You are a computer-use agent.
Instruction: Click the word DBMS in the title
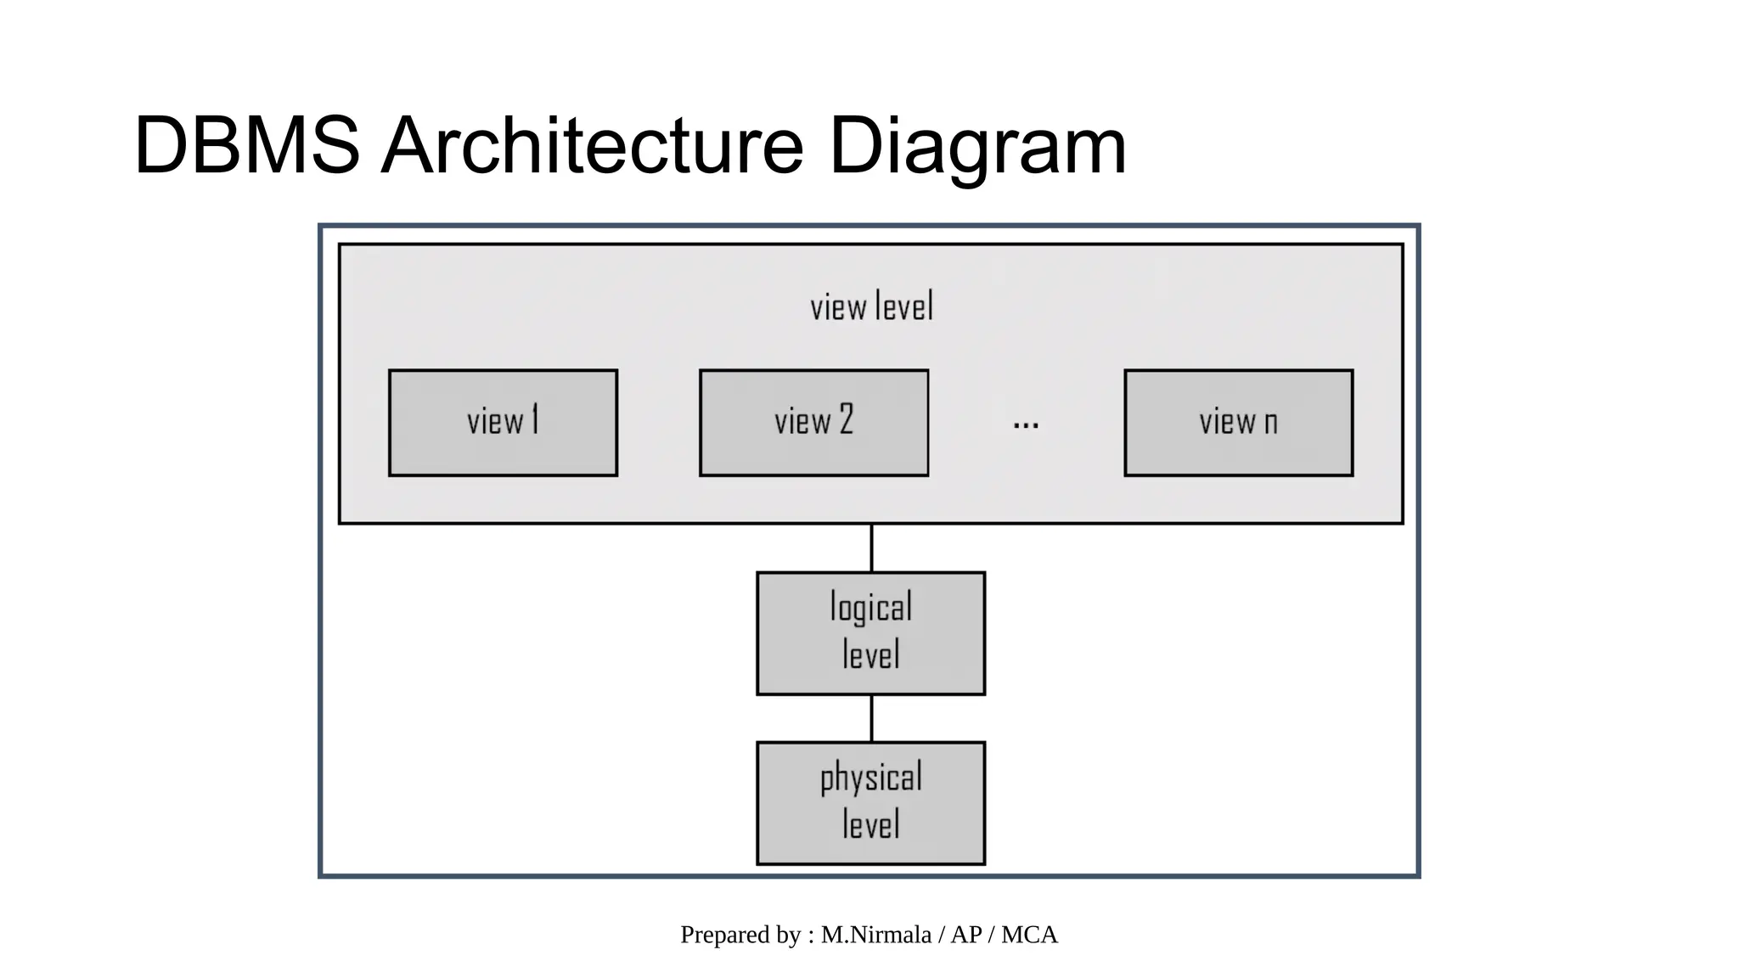pos(246,146)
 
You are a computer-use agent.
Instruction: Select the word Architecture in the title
pos(591,146)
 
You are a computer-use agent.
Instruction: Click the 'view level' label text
pos(871,307)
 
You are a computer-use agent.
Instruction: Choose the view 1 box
pos(503,423)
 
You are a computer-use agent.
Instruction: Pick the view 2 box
pos(813,423)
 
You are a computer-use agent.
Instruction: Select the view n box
pos(1238,423)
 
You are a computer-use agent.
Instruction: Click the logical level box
pos(870,633)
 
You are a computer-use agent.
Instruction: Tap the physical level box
pos(870,803)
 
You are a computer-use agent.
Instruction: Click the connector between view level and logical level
pos(871,548)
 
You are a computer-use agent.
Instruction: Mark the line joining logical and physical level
pos(871,718)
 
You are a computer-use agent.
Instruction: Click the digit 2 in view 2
pos(846,419)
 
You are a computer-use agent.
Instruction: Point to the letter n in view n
pos(1270,423)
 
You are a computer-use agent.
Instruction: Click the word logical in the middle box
pos(870,608)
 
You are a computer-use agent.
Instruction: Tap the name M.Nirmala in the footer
pos(875,935)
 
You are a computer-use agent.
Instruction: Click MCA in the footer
pos(1029,935)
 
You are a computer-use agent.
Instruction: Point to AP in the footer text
pos(966,935)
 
